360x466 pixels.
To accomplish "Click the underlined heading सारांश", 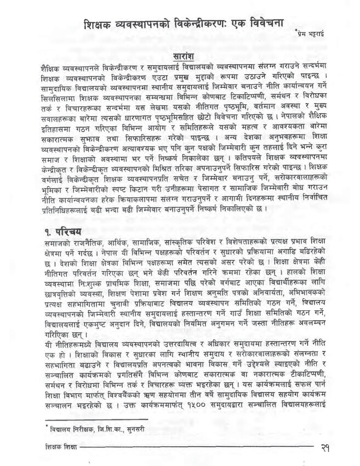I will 180,56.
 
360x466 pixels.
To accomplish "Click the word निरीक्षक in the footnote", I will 72,429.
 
